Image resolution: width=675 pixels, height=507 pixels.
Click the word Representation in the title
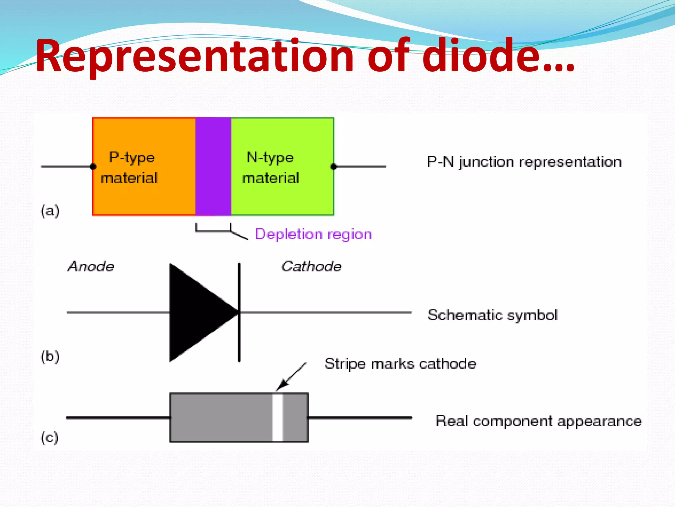coord(194,56)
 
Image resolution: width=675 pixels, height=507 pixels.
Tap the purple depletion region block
coord(213,166)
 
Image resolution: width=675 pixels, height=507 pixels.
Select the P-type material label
coord(129,167)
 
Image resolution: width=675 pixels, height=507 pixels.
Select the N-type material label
coord(270,167)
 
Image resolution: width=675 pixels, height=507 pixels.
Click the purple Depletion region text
coord(313,234)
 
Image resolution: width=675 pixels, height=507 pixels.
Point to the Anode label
coord(91,266)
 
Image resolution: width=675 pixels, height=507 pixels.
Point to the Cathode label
coord(311,266)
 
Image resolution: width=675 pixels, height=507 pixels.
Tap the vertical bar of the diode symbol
coord(239,312)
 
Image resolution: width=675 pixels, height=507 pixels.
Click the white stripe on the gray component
coord(278,418)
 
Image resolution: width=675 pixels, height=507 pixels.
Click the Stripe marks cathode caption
coord(400,364)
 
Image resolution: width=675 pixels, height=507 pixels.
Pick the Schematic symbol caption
coord(492,315)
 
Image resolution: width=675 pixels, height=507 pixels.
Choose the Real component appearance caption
coord(539,421)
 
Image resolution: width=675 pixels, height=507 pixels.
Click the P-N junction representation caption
coord(524,162)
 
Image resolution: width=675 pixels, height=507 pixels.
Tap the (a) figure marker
coord(50,211)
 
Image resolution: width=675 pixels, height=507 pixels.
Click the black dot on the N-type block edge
coord(334,166)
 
